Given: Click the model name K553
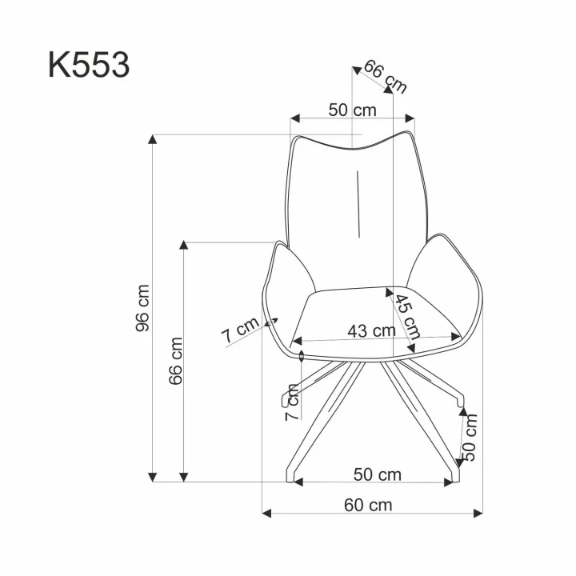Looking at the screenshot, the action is click(89, 66).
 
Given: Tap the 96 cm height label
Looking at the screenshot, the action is click(142, 308).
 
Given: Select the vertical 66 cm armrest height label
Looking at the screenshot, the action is click(175, 361).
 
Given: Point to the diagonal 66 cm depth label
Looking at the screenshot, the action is click(386, 77).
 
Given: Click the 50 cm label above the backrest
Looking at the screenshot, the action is click(352, 110).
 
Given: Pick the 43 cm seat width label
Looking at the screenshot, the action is click(372, 331).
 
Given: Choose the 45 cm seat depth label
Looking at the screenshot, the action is click(408, 318).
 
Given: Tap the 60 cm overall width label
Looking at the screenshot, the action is click(368, 505).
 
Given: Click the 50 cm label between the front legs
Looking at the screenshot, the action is click(378, 474).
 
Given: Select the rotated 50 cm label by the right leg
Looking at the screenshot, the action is click(470, 437).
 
